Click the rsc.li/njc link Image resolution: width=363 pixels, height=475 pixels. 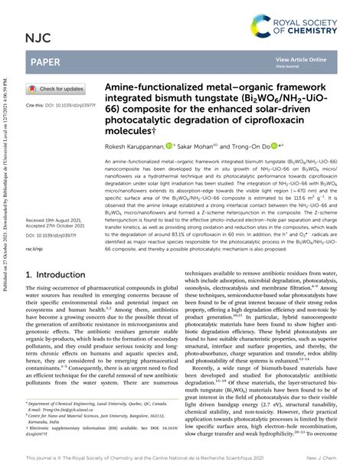38,248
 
